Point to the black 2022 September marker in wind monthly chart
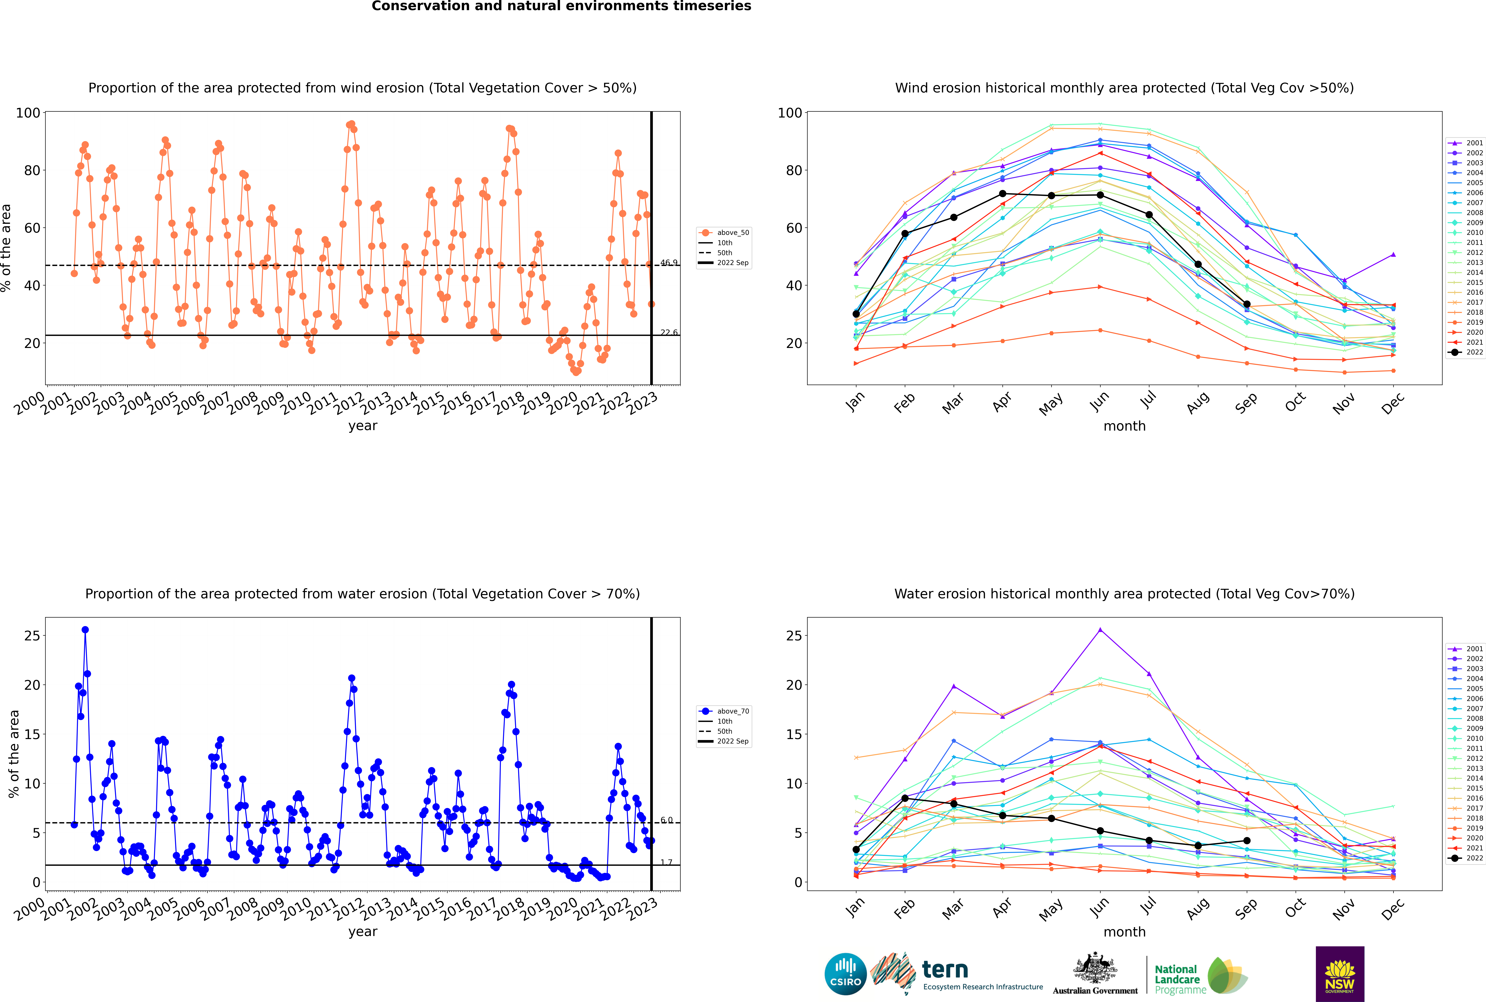pos(1246,304)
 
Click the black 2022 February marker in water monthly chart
pos(905,798)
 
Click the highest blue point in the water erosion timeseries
pos(85,629)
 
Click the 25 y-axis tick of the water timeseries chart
pos(32,636)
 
